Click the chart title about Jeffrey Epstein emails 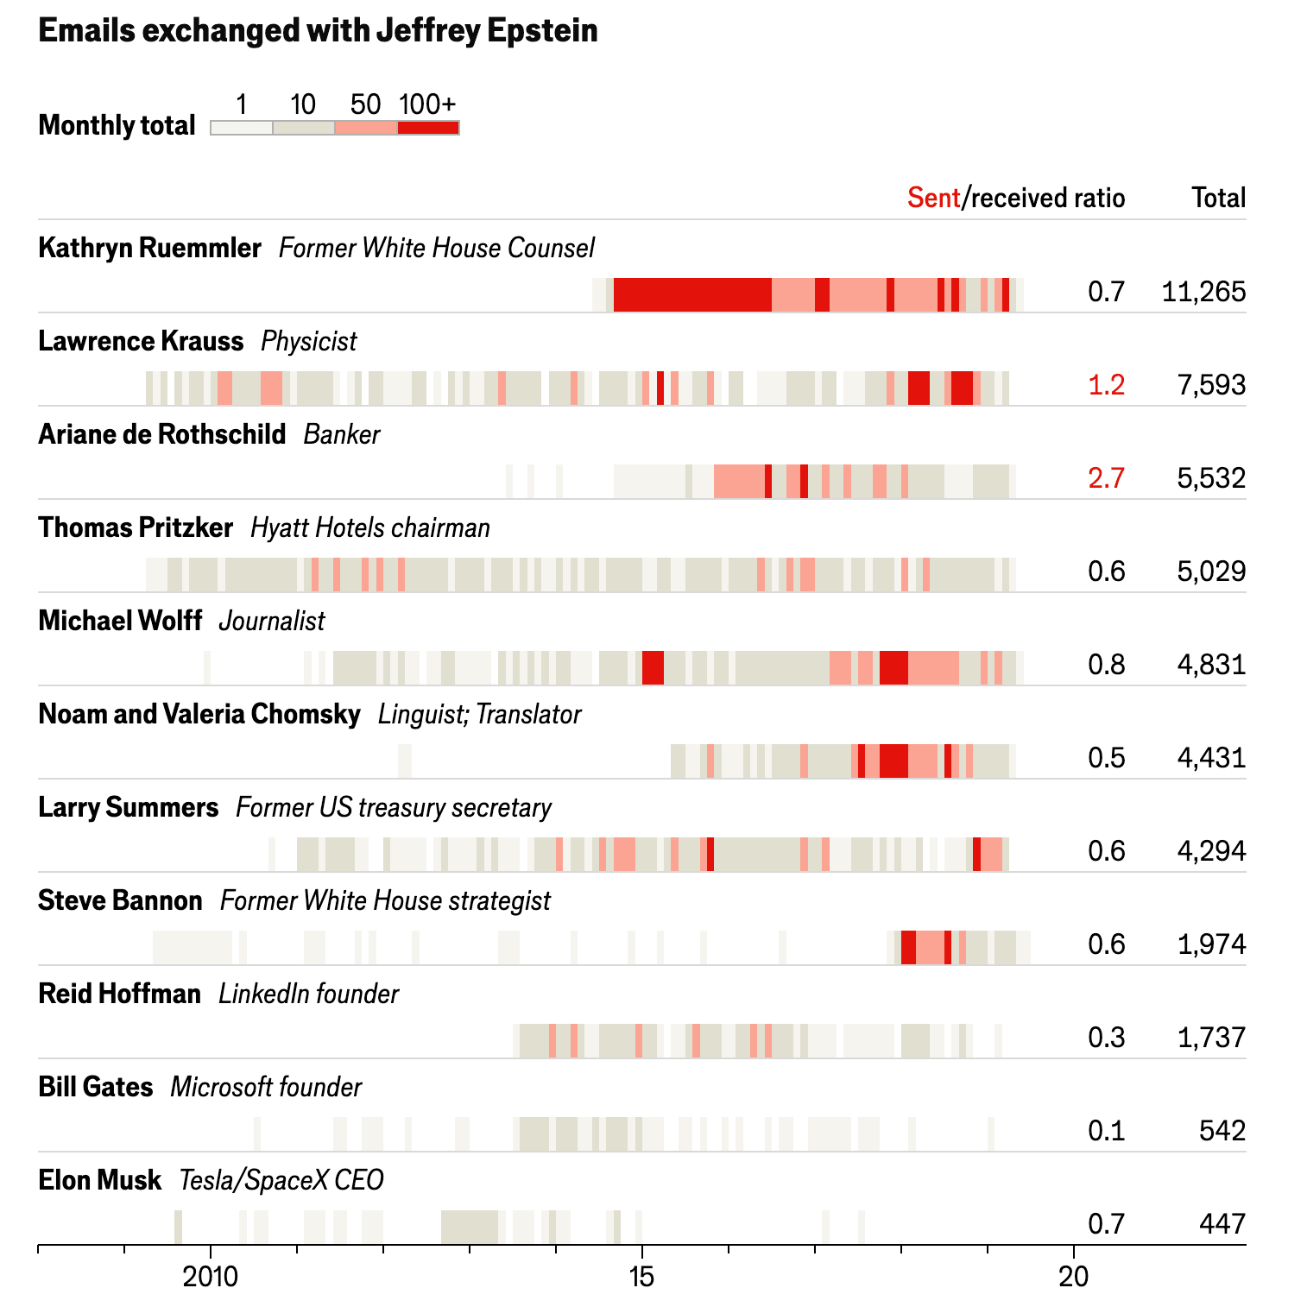pos(318,31)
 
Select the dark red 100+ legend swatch pos(428,128)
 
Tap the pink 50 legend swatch pos(366,128)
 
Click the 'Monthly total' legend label pos(117,126)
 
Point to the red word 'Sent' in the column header pos(933,198)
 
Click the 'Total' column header pos(1218,198)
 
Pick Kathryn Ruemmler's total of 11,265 pos(1203,292)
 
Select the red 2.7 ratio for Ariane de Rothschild pos(1106,478)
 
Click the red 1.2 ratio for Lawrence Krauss pos(1106,385)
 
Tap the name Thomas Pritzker pos(136,527)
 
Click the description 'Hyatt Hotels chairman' pos(369,527)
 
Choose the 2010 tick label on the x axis pos(210,1277)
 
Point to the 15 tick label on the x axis pos(641,1277)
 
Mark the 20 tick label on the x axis pos(1073,1277)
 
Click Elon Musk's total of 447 pos(1222,1224)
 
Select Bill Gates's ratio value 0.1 pos(1106,1131)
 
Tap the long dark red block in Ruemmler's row pos(691,295)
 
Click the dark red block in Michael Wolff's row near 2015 pos(653,668)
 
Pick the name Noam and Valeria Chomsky pos(199,714)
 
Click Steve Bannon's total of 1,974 pos(1211,944)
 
